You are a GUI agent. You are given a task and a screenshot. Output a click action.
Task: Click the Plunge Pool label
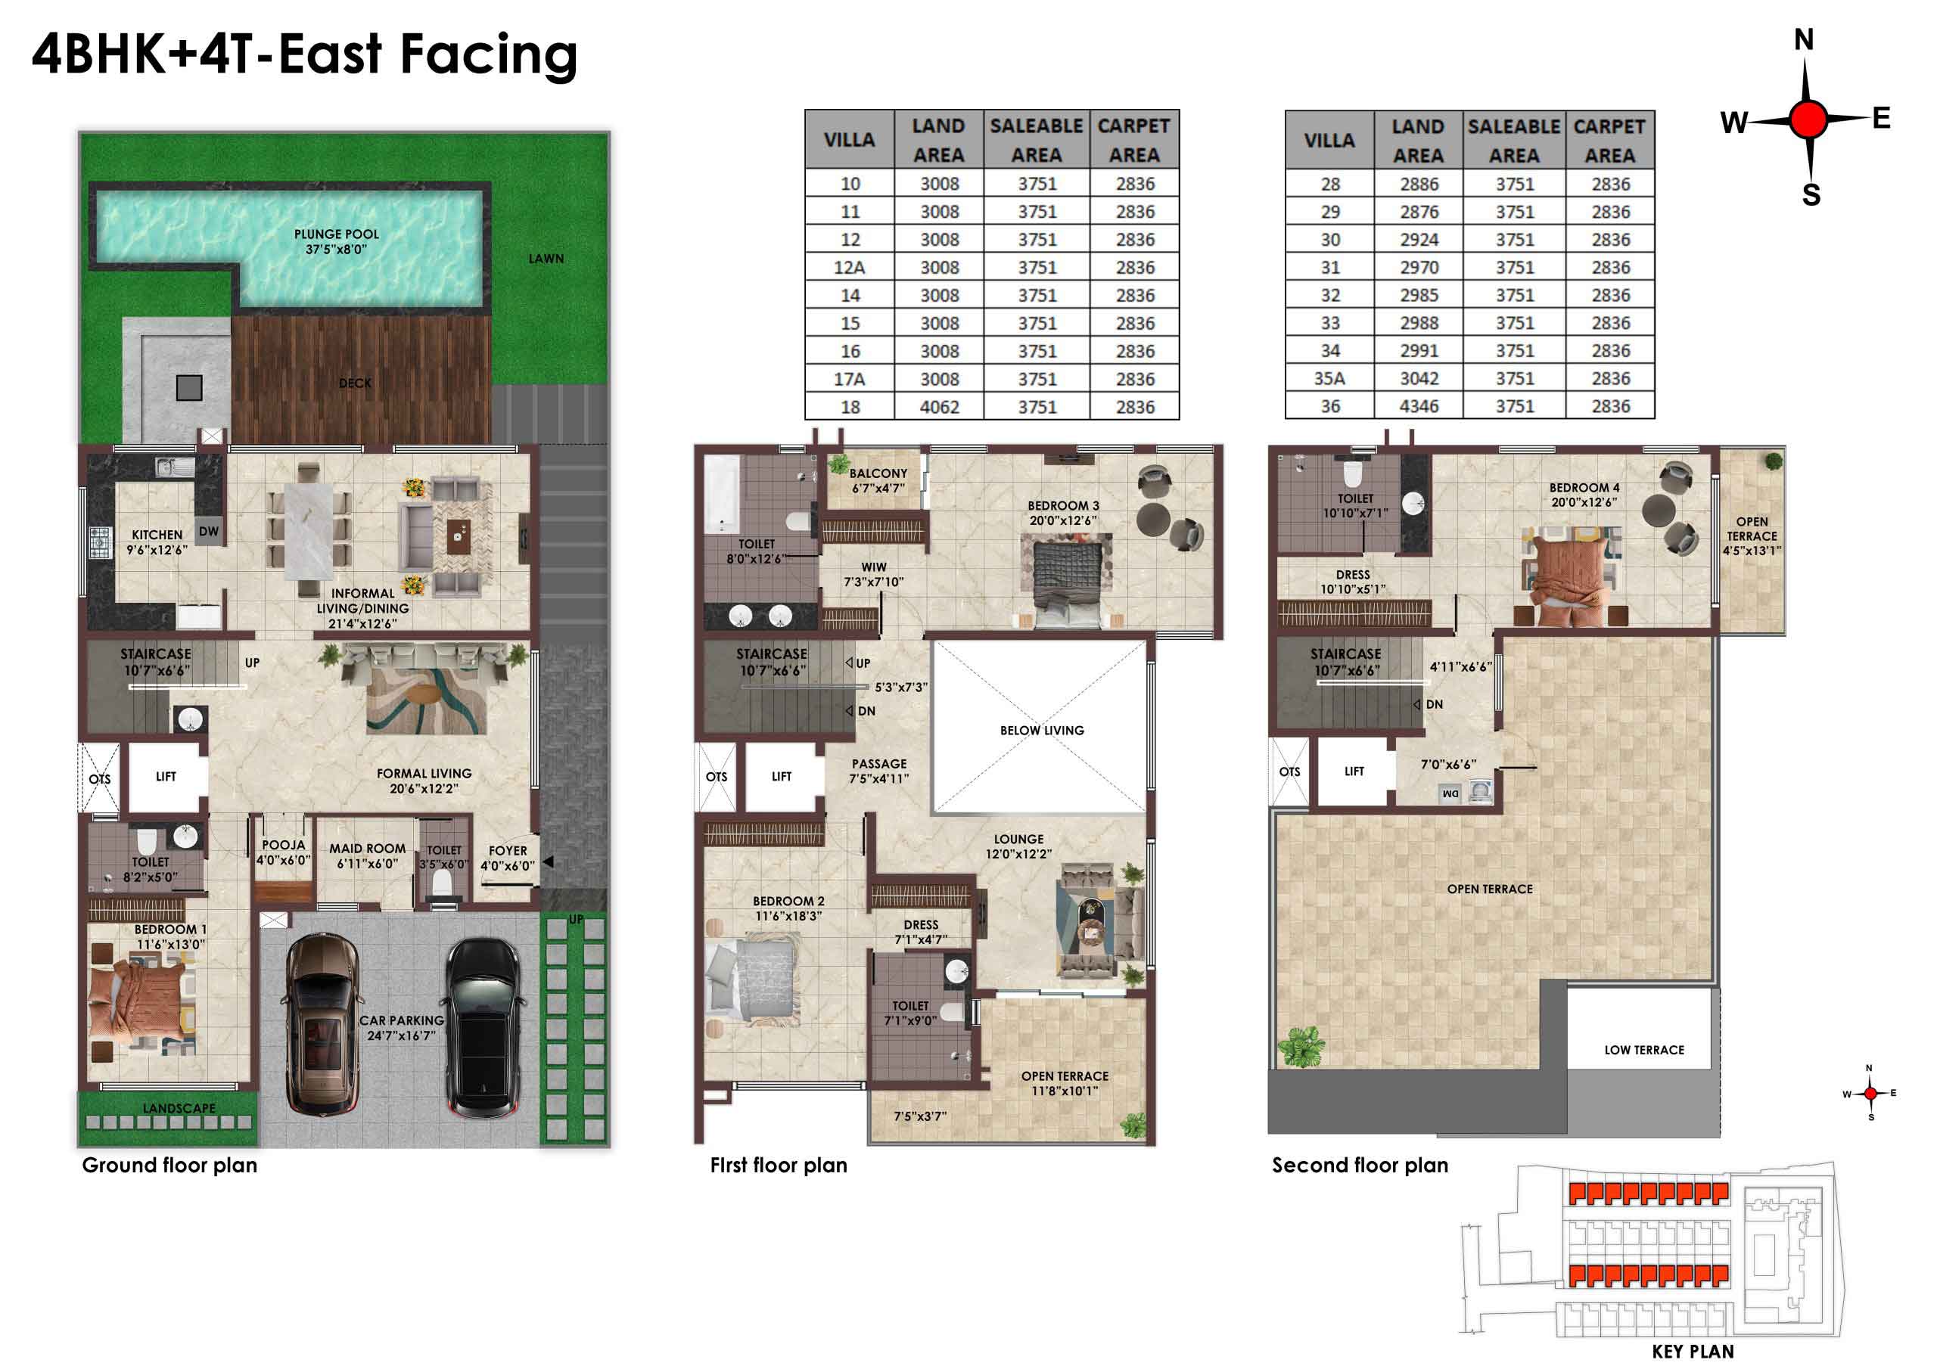336,241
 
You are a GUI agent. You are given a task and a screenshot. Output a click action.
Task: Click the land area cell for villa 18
939,407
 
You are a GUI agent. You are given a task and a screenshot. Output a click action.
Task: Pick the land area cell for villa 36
1418,405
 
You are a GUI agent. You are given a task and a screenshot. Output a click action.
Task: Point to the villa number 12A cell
850,268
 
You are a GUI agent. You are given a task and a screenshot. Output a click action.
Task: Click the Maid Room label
367,855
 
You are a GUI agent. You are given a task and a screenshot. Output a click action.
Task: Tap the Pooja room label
284,852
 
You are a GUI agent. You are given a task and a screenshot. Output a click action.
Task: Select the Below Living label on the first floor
1042,731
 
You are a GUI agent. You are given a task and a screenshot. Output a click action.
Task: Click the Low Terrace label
1643,1050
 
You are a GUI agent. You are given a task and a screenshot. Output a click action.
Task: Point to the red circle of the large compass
1808,120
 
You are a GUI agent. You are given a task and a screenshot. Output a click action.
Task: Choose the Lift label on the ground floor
166,777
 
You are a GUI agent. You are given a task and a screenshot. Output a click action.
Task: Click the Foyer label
507,858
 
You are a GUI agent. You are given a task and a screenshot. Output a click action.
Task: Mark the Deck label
355,383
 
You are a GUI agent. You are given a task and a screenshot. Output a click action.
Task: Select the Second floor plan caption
1360,1165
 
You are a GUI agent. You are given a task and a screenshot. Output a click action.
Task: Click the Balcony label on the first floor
878,481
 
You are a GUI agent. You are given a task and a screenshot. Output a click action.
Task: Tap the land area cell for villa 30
1418,240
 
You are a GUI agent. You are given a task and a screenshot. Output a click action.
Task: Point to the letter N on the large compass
1804,39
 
